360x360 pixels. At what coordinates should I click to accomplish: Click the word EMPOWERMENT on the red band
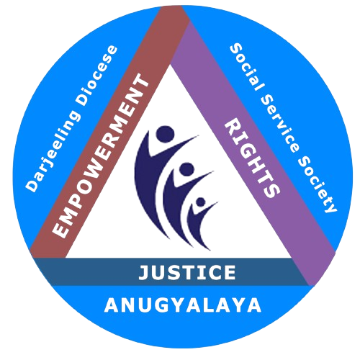[x=99, y=156]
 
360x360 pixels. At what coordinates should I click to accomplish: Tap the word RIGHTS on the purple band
[x=252, y=159]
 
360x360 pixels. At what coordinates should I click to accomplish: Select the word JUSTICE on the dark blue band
[x=187, y=272]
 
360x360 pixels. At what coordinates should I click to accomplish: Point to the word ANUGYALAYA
[x=183, y=305]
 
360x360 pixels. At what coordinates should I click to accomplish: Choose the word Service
[x=279, y=124]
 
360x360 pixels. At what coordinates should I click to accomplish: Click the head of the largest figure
[x=165, y=135]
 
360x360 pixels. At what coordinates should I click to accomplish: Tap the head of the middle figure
[x=186, y=169]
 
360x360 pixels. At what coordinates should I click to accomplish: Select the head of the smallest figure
[x=200, y=202]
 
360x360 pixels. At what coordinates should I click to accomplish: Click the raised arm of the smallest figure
[x=207, y=209]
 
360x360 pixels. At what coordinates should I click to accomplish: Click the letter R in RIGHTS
[x=233, y=127]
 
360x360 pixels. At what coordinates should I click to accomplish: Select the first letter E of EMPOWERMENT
[x=60, y=230]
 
